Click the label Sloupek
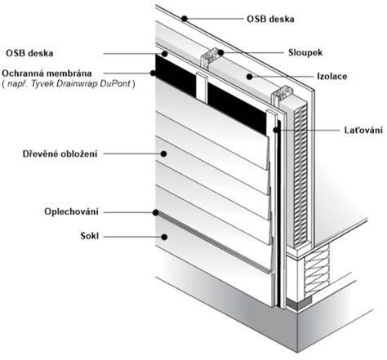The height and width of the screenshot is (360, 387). click(305, 52)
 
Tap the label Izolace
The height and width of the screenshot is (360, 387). click(332, 76)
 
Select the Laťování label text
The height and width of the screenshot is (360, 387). click(363, 130)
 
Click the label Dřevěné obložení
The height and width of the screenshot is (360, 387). click(60, 153)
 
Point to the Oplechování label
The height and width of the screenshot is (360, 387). click(71, 211)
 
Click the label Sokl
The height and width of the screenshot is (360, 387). click(90, 236)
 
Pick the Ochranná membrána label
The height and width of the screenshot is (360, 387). click(47, 73)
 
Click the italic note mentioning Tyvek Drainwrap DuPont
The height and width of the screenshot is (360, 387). click(69, 83)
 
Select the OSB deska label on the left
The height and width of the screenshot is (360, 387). click(29, 53)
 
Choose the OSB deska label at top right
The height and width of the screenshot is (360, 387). click(270, 19)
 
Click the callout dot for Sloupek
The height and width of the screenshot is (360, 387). click(220, 52)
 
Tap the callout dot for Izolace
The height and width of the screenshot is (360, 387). click(249, 77)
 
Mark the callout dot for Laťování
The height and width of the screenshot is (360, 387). click(276, 130)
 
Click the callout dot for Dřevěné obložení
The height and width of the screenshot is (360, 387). click(163, 153)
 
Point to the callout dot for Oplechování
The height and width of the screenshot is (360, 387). click(156, 212)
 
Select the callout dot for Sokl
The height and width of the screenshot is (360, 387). click(164, 237)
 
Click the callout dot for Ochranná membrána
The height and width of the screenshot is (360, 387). click(153, 73)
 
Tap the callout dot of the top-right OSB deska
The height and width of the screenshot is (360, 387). click(185, 19)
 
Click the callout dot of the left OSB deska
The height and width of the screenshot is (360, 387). click(164, 53)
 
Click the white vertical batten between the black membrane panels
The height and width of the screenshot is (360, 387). click(202, 87)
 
